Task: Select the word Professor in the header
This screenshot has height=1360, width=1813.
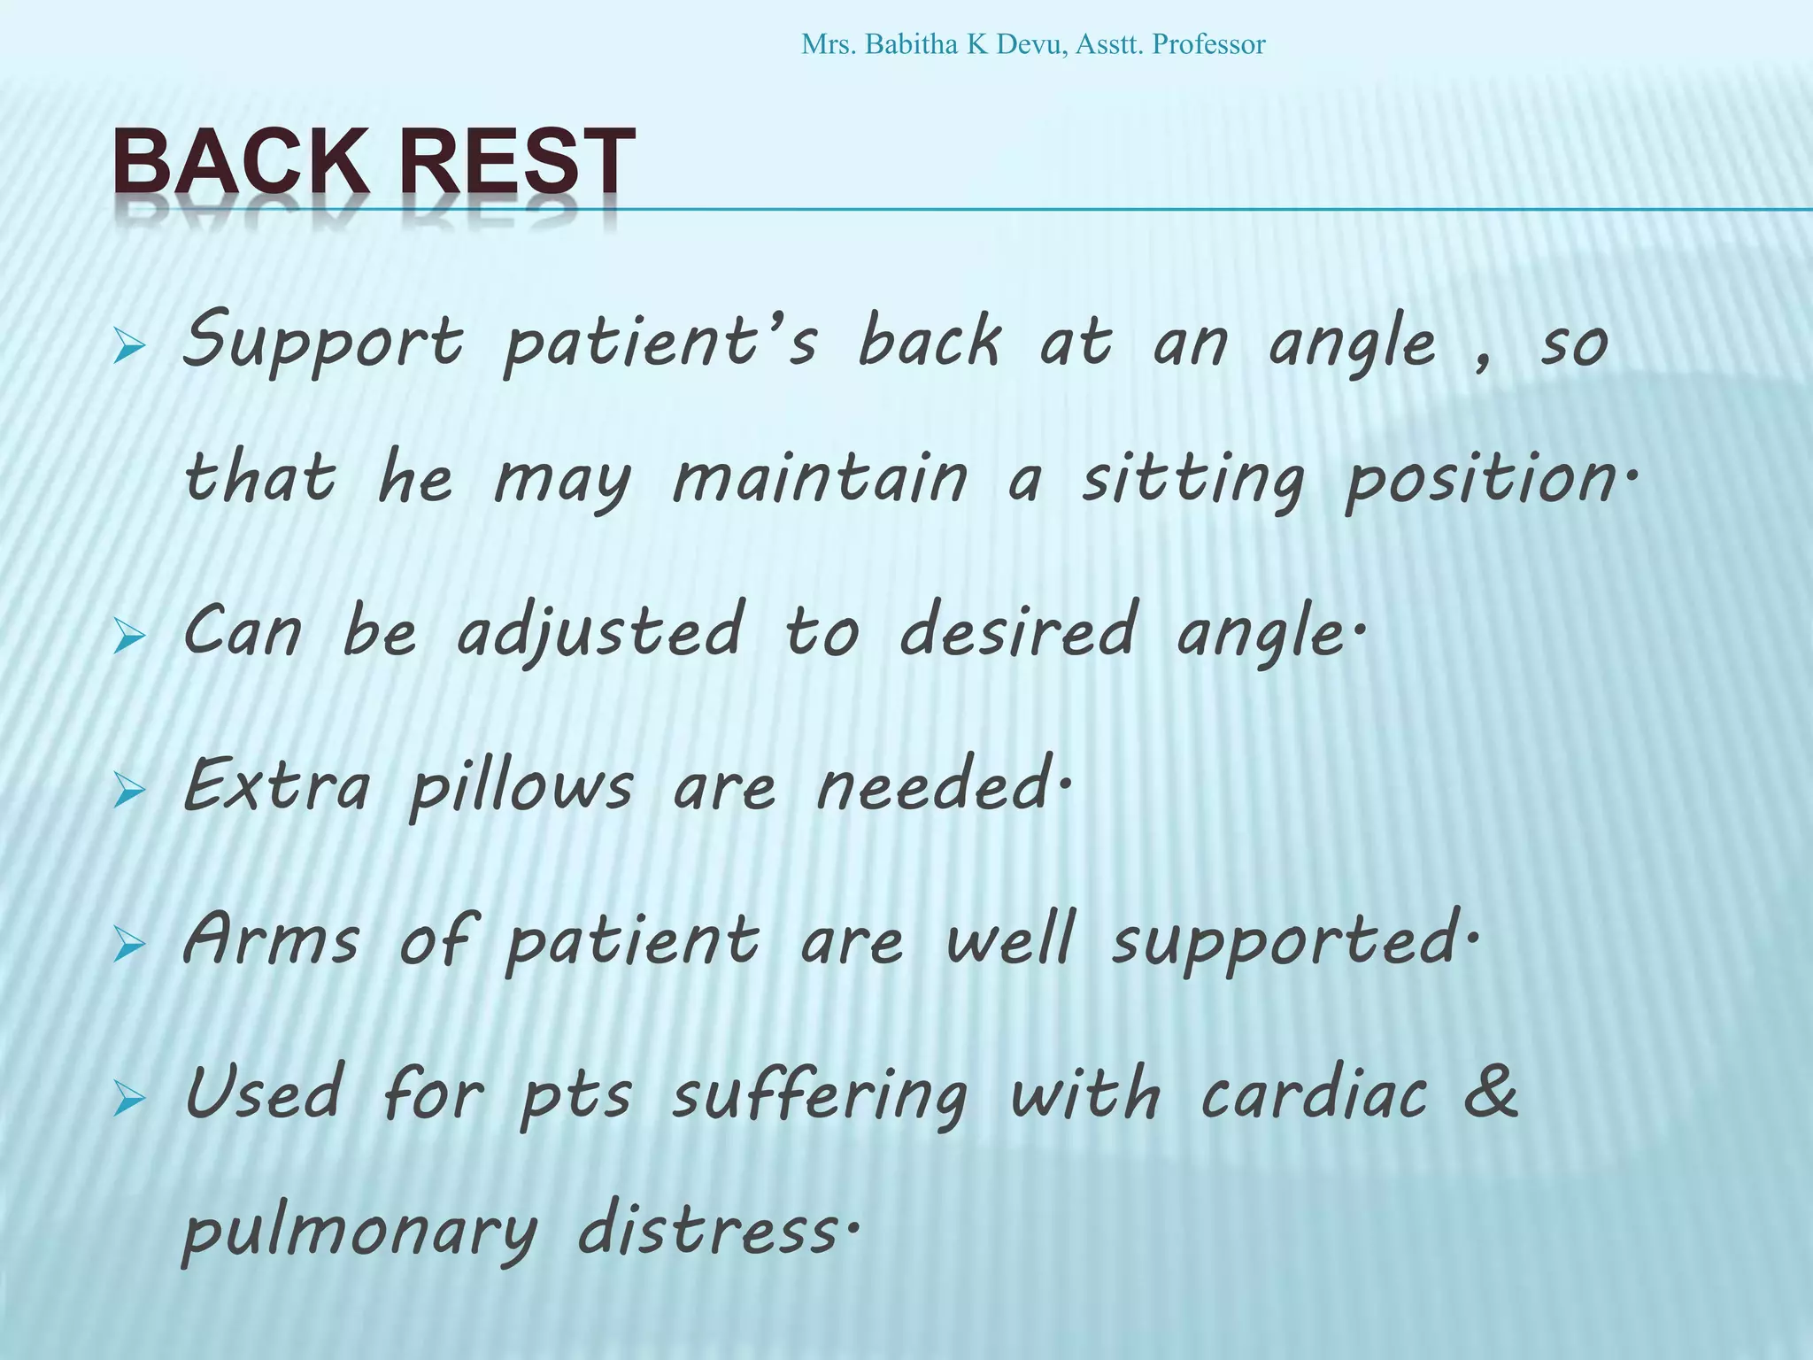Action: pos(1208,44)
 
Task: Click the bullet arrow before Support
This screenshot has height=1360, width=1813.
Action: pos(129,348)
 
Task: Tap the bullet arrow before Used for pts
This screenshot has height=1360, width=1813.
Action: pos(129,1101)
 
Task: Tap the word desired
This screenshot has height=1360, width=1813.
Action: pos(1018,630)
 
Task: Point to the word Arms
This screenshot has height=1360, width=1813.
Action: pos(271,940)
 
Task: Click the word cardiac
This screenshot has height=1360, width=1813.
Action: pos(1314,1095)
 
